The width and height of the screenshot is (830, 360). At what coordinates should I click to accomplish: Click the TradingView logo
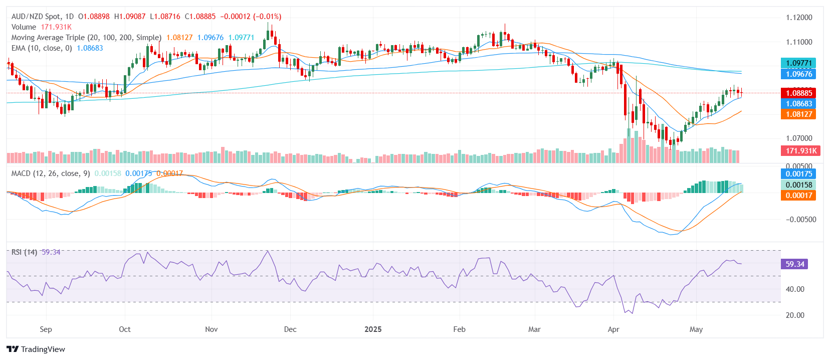(x=36, y=349)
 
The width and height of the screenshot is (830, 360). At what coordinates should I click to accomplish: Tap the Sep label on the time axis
(x=46, y=329)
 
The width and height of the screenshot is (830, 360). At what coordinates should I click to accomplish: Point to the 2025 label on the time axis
(x=373, y=329)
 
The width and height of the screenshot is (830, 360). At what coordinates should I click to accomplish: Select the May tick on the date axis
(x=696, y=329)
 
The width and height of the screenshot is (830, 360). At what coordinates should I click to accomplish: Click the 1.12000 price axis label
(x=799, y=18)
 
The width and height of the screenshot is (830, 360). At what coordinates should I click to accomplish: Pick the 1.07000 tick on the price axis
(x=799, y=138)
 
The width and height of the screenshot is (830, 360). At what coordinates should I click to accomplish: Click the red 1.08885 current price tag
(x=798, y=93)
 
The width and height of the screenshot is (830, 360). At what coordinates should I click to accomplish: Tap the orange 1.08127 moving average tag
(x=798, y=114)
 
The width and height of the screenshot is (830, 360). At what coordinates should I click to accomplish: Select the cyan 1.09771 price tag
(x=798, y=63)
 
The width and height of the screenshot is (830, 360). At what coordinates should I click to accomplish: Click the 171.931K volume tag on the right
(x=800, y=151)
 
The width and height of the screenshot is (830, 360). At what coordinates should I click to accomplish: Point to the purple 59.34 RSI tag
(x=794, y=264)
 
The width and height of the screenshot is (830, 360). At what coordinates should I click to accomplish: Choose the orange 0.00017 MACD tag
(x=798, y=196)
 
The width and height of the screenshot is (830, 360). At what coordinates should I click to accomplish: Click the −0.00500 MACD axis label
(x=801, y=220)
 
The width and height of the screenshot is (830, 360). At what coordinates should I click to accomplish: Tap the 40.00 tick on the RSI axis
(x=795, y=289)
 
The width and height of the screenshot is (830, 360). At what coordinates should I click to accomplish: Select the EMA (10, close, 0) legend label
(x=42, y=48)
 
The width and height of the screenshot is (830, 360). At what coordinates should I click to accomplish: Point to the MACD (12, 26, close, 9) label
(x=51, y=173)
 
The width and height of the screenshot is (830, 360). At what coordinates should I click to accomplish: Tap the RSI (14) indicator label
(x=24, y=252)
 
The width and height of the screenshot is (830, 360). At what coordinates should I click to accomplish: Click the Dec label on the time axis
(x=290, y=329)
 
